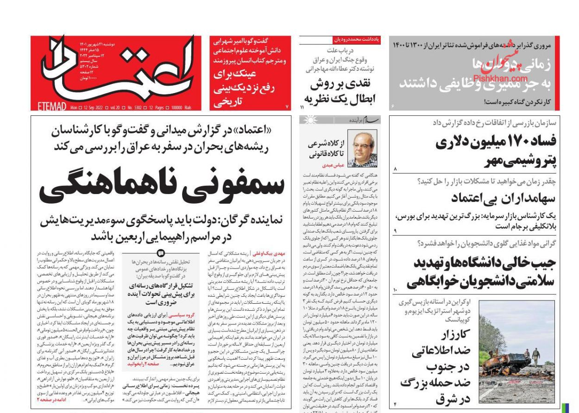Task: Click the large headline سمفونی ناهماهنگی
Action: tap(161, 185)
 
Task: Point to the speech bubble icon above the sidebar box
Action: tap(161, 253)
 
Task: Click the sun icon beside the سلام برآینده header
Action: tap(306, 120)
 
